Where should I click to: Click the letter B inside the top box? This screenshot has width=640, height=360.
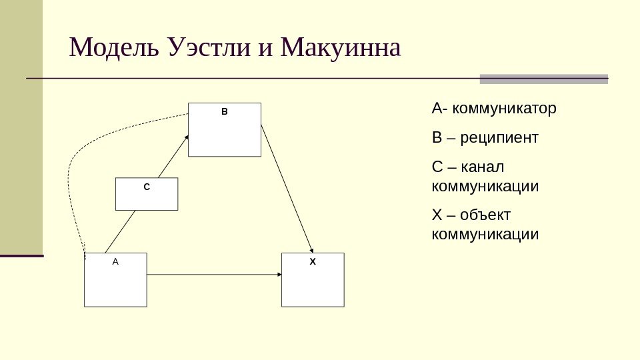click(x=224, y=112)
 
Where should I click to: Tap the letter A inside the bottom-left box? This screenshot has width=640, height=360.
click(x=115, y=262)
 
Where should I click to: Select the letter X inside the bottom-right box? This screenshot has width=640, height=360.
click(x=313, y=262)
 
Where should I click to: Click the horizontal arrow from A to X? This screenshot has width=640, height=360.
click(x=213, y=275)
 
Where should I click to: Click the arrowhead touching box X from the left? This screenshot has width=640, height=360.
click(x=279, y=275)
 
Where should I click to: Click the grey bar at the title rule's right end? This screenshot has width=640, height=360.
click(x=544, y=79)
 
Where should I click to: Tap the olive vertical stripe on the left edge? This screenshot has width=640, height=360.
click(x=21, y=127)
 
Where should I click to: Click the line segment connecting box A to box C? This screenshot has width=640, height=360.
click(x=120, y=231)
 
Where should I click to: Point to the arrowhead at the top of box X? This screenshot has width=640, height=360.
click(x=313, y=250)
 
